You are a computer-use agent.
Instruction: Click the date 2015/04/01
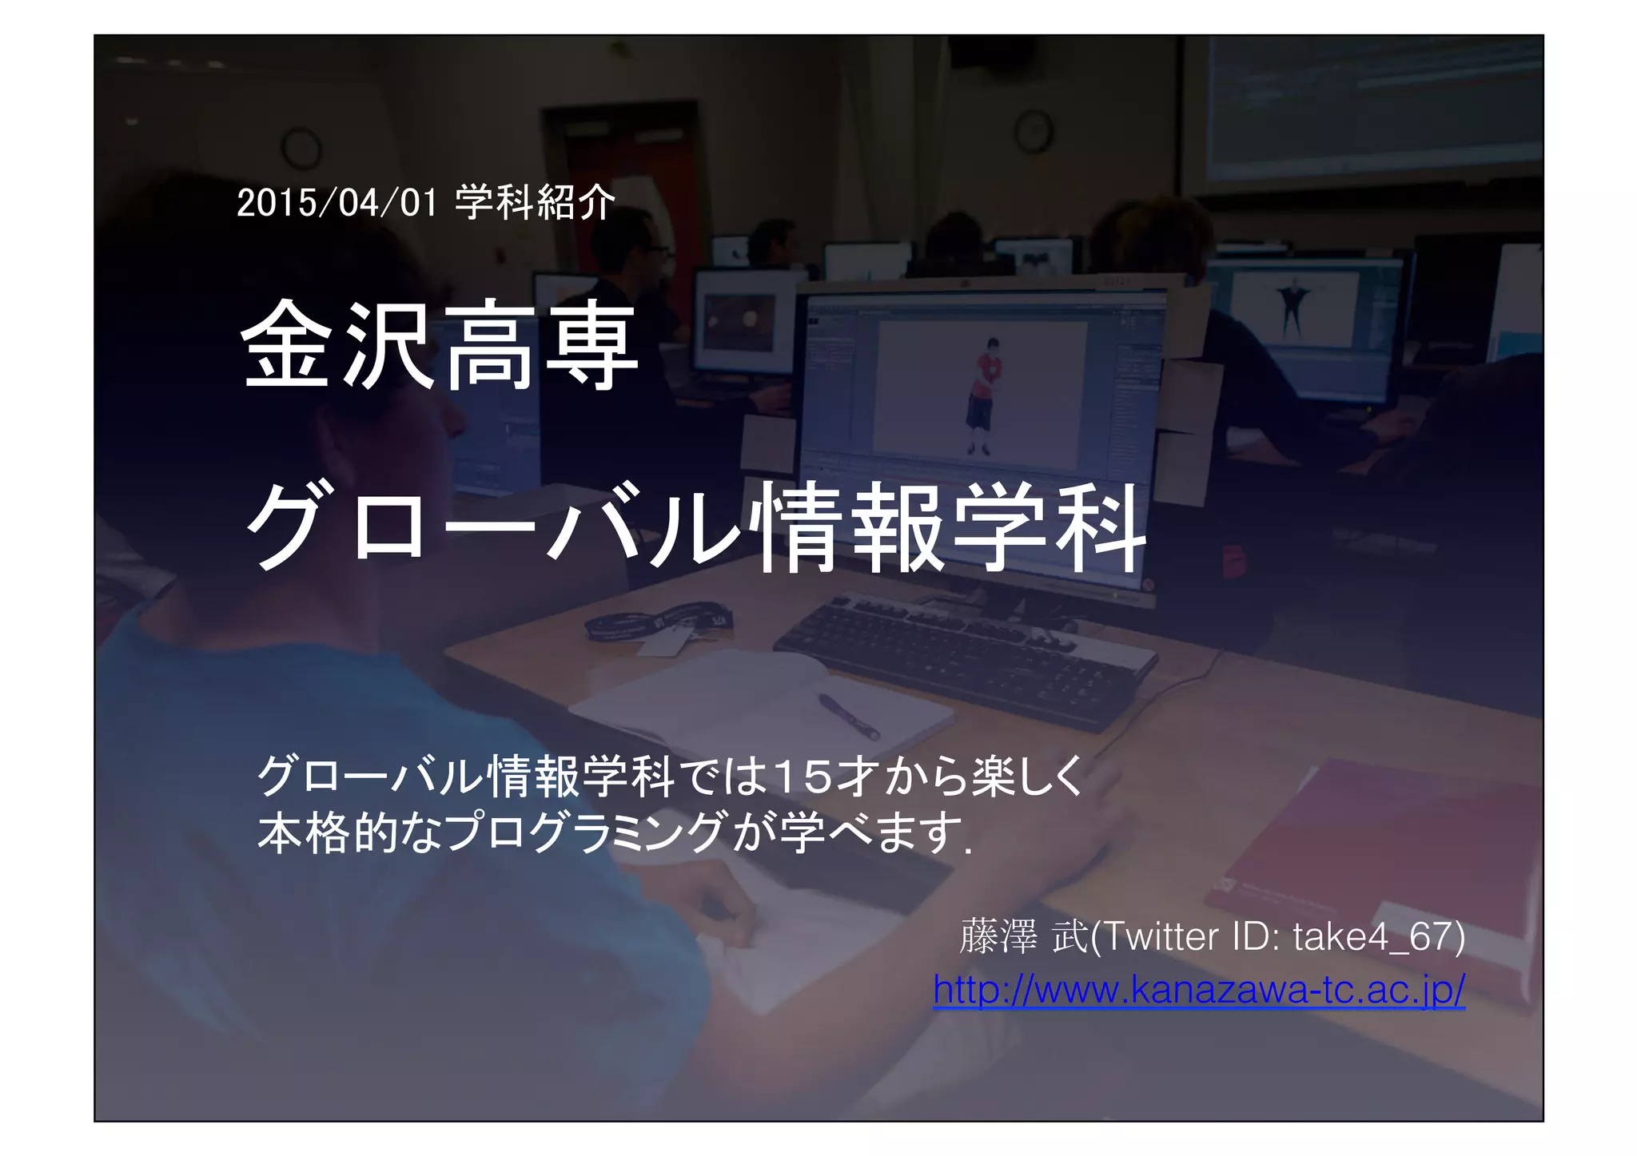click(337, 203)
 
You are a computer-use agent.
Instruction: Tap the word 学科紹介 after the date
click(535, 202)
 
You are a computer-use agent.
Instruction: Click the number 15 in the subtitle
click(803, 776)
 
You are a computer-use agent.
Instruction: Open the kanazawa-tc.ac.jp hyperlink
click(1198, 991)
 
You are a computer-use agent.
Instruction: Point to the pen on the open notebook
click(848, 716)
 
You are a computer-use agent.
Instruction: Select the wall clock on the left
click(302, 147)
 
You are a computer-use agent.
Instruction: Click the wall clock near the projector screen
click(1034, 131)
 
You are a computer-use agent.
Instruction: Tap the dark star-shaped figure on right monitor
click(1291, 304)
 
